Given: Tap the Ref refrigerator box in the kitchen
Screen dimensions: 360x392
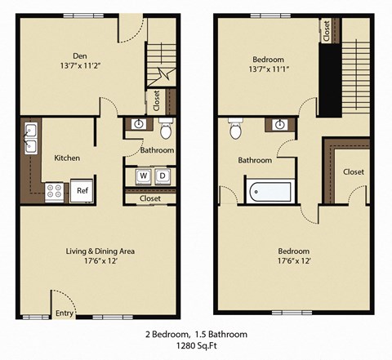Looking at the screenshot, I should pyautogui.click(x=82, y=190).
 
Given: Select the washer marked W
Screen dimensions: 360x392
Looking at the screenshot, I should pyautogui.click(x=142, y=176).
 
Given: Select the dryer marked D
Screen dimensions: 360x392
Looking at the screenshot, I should pyautogui.click(x=162, y=176).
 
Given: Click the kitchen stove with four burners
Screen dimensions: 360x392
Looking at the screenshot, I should pyautogui.click(x=55, y=191).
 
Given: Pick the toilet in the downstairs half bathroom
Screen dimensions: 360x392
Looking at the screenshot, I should pyautogui.click(x=166, y=129).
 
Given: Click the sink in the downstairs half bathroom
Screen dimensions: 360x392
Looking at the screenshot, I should pyautogui.click(x=139, y=125).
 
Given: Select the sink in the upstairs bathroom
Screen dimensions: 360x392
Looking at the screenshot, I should pyautogui.click(x=280, y=125).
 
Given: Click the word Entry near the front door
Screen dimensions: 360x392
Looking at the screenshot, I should pyautogui.click(x=64, y=313).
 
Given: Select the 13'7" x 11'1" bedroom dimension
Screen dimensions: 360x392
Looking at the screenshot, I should pyautogui.click(x=267, y=70).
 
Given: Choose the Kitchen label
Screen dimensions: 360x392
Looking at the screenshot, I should pyautogui.click(x=66, y=158).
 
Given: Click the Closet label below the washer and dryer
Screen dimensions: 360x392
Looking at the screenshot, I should pyautogui.click(x=150, y=198).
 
